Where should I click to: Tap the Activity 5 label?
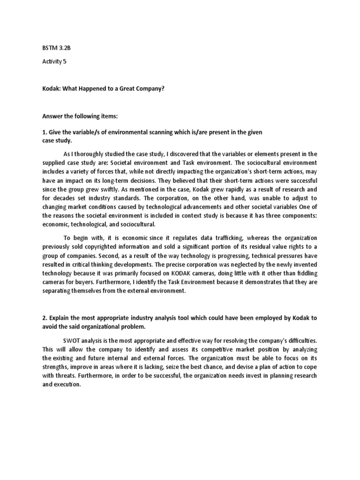pos(53,67)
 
